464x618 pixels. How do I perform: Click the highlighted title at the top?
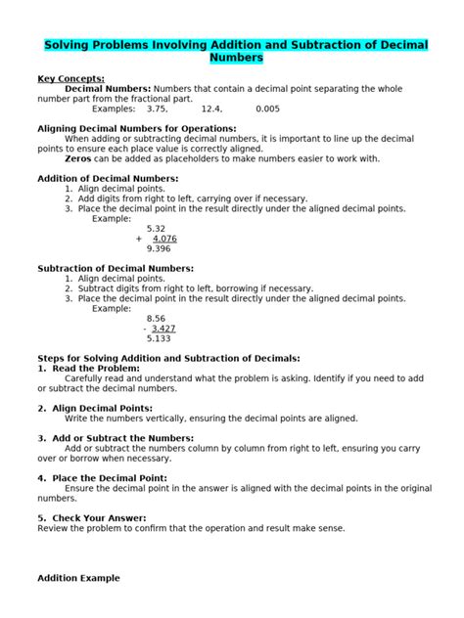pyautogui.click(x=232, y=52)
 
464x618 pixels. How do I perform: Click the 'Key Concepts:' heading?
pyautogui.click(x=70, y=78)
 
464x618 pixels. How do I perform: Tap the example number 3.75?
pyautogui.click(x=158, y=109)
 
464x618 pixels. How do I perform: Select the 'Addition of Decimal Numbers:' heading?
pyautogui.click(x=108, y=179)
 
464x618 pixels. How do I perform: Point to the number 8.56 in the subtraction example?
pyautogui.click(x=156, y=319)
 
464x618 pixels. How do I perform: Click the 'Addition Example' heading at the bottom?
pyautogui.click(x=78, y=578)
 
